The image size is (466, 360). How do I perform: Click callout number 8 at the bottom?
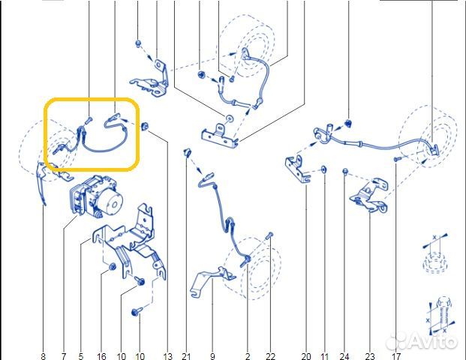(44, 356)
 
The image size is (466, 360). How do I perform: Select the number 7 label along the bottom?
(64, 356)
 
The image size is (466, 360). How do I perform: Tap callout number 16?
(101, 356)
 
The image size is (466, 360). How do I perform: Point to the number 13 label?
(167, 356)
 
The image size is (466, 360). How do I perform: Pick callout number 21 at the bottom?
(186, 356)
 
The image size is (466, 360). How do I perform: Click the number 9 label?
(212, 356)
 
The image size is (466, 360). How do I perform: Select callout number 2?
(248, 356)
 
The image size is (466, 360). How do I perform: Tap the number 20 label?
(306, 356)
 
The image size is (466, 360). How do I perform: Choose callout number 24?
(344, 356)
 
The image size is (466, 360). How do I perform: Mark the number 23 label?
(370, 356)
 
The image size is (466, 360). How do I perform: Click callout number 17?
(396, 356)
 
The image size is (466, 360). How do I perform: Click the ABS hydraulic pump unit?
(96, 195)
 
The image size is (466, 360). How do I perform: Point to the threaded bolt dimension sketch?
(442, 316)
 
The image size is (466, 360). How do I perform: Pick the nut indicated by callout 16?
(113, 267)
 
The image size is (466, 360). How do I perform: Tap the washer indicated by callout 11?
(324, 169)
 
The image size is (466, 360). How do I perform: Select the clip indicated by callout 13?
(145, 126)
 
